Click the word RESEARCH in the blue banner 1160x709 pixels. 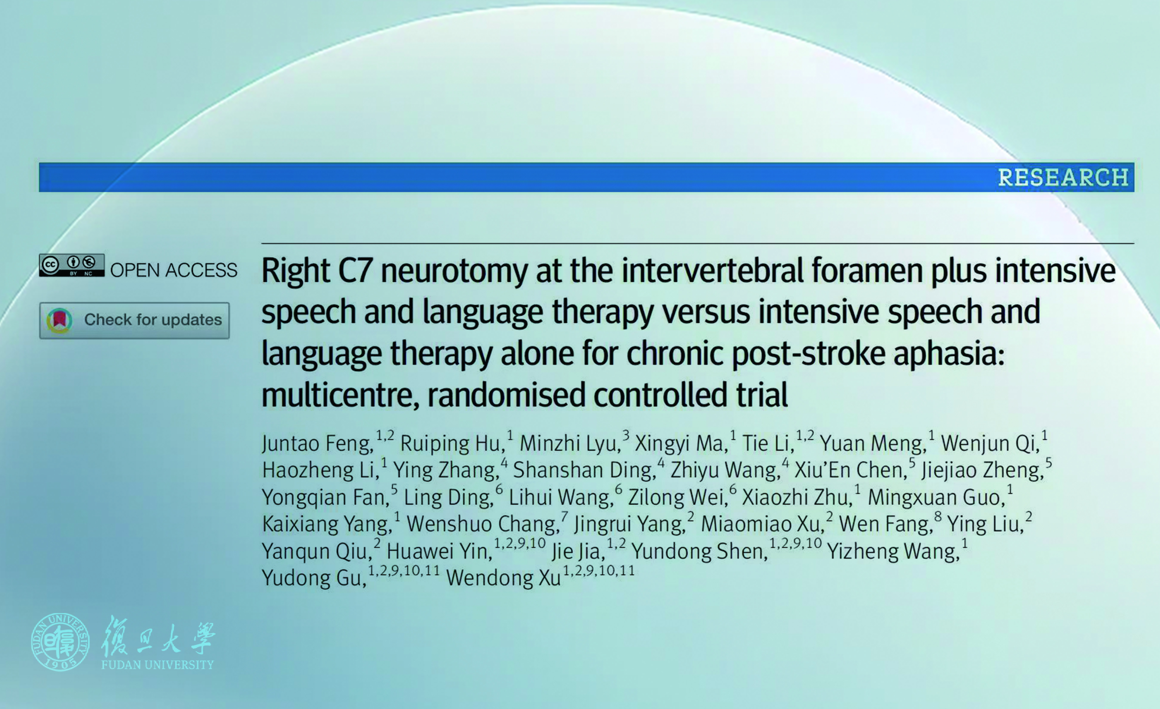click(1063, 178)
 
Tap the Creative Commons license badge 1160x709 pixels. click(72, 265)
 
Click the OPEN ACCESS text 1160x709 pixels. click(174, 270)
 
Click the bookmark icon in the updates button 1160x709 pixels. click(59, 320)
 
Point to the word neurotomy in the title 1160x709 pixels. click(454, 272)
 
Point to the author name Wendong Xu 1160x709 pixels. click(504, 578)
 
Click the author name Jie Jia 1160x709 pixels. click(578, 551)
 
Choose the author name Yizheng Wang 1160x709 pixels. click(893, 551)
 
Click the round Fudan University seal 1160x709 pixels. click(60, 642)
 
